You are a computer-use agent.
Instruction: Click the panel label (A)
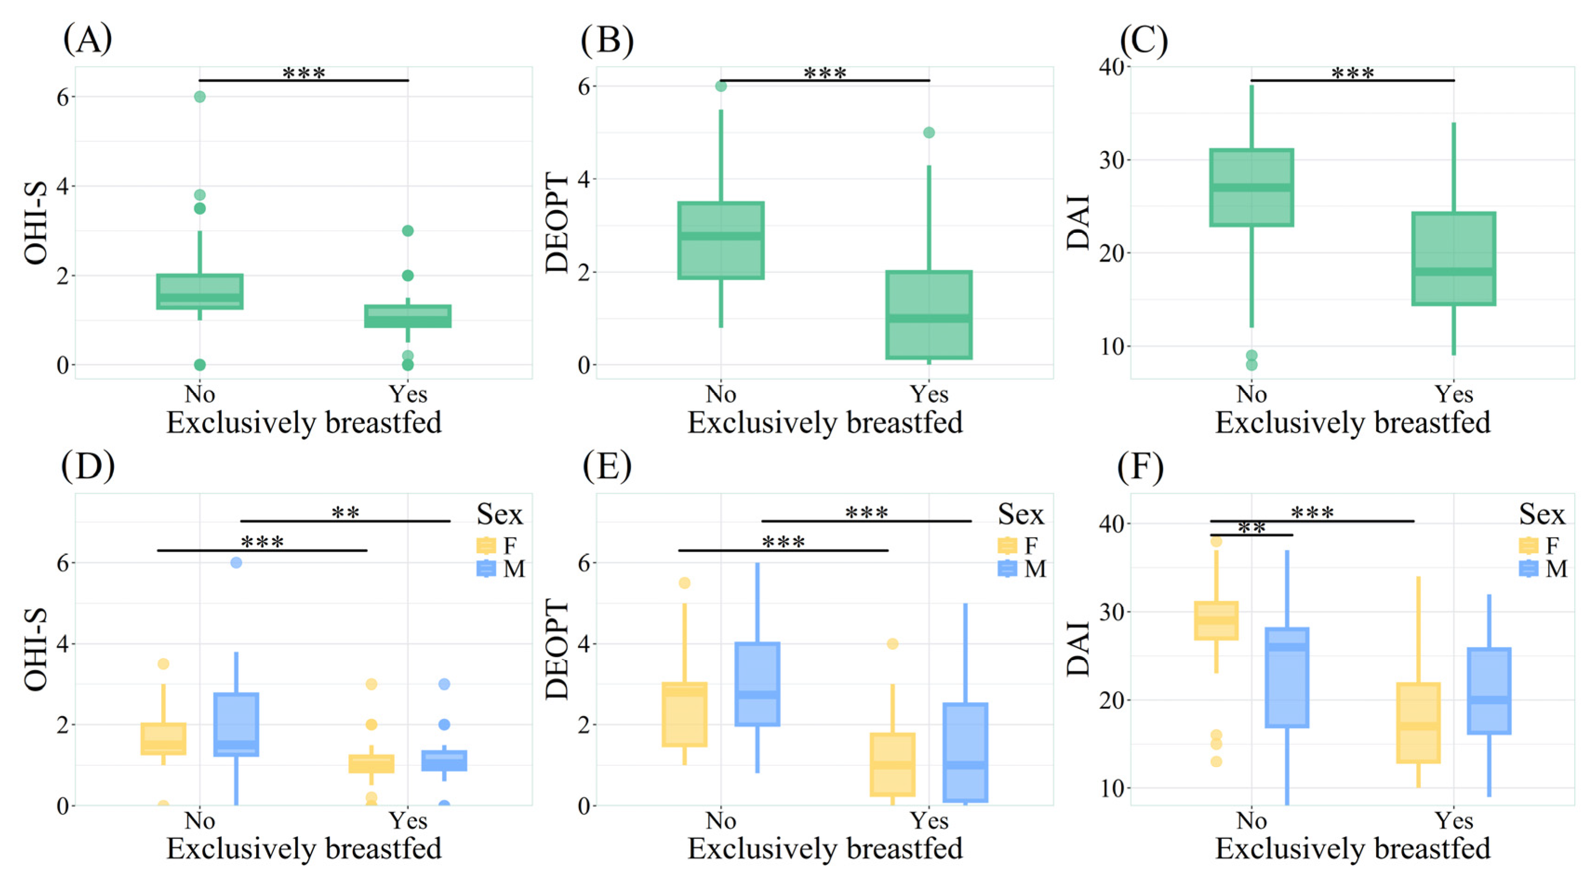(87, 40)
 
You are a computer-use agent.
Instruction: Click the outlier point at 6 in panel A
(200, 96)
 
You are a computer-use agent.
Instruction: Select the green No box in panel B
(721, 240)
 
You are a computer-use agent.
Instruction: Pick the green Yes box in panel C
(1453, 258)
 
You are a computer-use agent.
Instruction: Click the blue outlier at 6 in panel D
(236, 562)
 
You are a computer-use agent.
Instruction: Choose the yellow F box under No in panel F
(1216, 621)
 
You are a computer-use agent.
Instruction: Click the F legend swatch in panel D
(486, 545)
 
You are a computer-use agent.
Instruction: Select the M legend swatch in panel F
(1528, 569)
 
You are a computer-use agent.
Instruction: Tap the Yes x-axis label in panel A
(408, 394)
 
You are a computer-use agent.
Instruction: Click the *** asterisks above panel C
(1352, 73)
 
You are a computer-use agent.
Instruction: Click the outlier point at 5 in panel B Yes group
(929, 132)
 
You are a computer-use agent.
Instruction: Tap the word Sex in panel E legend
(1020, 514)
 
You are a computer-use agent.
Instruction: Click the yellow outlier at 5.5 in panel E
(684, 583)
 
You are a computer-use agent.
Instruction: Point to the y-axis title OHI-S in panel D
(36, 650)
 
